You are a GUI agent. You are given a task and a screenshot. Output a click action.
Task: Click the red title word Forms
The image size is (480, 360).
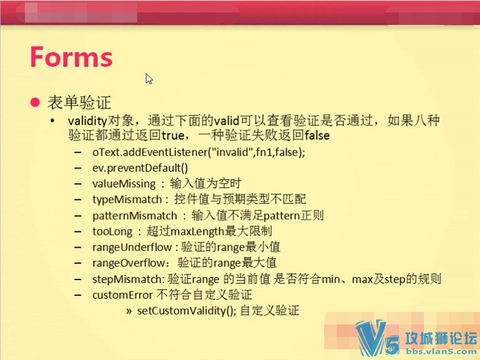pos(71,57)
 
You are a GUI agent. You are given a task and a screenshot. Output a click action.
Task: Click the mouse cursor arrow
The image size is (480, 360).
pos(149,79)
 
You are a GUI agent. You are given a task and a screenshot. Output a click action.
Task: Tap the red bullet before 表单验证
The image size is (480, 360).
pos(35,102)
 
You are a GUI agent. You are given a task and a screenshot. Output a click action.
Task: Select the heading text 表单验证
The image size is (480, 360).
pos(79,102)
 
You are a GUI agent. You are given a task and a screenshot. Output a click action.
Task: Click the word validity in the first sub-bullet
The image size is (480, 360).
pos(87,120)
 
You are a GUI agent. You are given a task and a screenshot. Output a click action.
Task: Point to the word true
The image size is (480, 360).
pos(173,135)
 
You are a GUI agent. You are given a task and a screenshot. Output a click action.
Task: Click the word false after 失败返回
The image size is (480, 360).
pos(317,135)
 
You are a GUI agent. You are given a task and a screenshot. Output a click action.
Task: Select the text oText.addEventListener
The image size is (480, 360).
pos(150,152)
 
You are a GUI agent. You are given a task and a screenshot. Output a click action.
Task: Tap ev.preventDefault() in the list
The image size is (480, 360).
pos(140,168)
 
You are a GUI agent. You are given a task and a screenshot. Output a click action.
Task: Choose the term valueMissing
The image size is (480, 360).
pos(124,184)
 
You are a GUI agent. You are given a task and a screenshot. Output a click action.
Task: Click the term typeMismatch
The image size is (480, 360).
pos(127,200)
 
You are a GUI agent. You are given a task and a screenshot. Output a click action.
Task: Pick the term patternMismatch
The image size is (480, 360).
pos(135,216)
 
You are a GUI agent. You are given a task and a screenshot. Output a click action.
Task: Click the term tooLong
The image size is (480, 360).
pos(112,231)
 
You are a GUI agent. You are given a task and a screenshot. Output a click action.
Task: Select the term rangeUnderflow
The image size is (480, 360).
pos(132,247)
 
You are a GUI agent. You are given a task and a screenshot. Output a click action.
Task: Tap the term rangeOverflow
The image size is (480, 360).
pos(129,263)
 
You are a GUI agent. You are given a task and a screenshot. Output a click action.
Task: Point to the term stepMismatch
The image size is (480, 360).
pos(127,280)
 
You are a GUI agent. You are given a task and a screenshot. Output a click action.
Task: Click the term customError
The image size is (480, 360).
pos(122,295)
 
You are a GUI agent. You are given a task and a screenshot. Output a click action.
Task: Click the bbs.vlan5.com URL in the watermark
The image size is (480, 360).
pos(441,352)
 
